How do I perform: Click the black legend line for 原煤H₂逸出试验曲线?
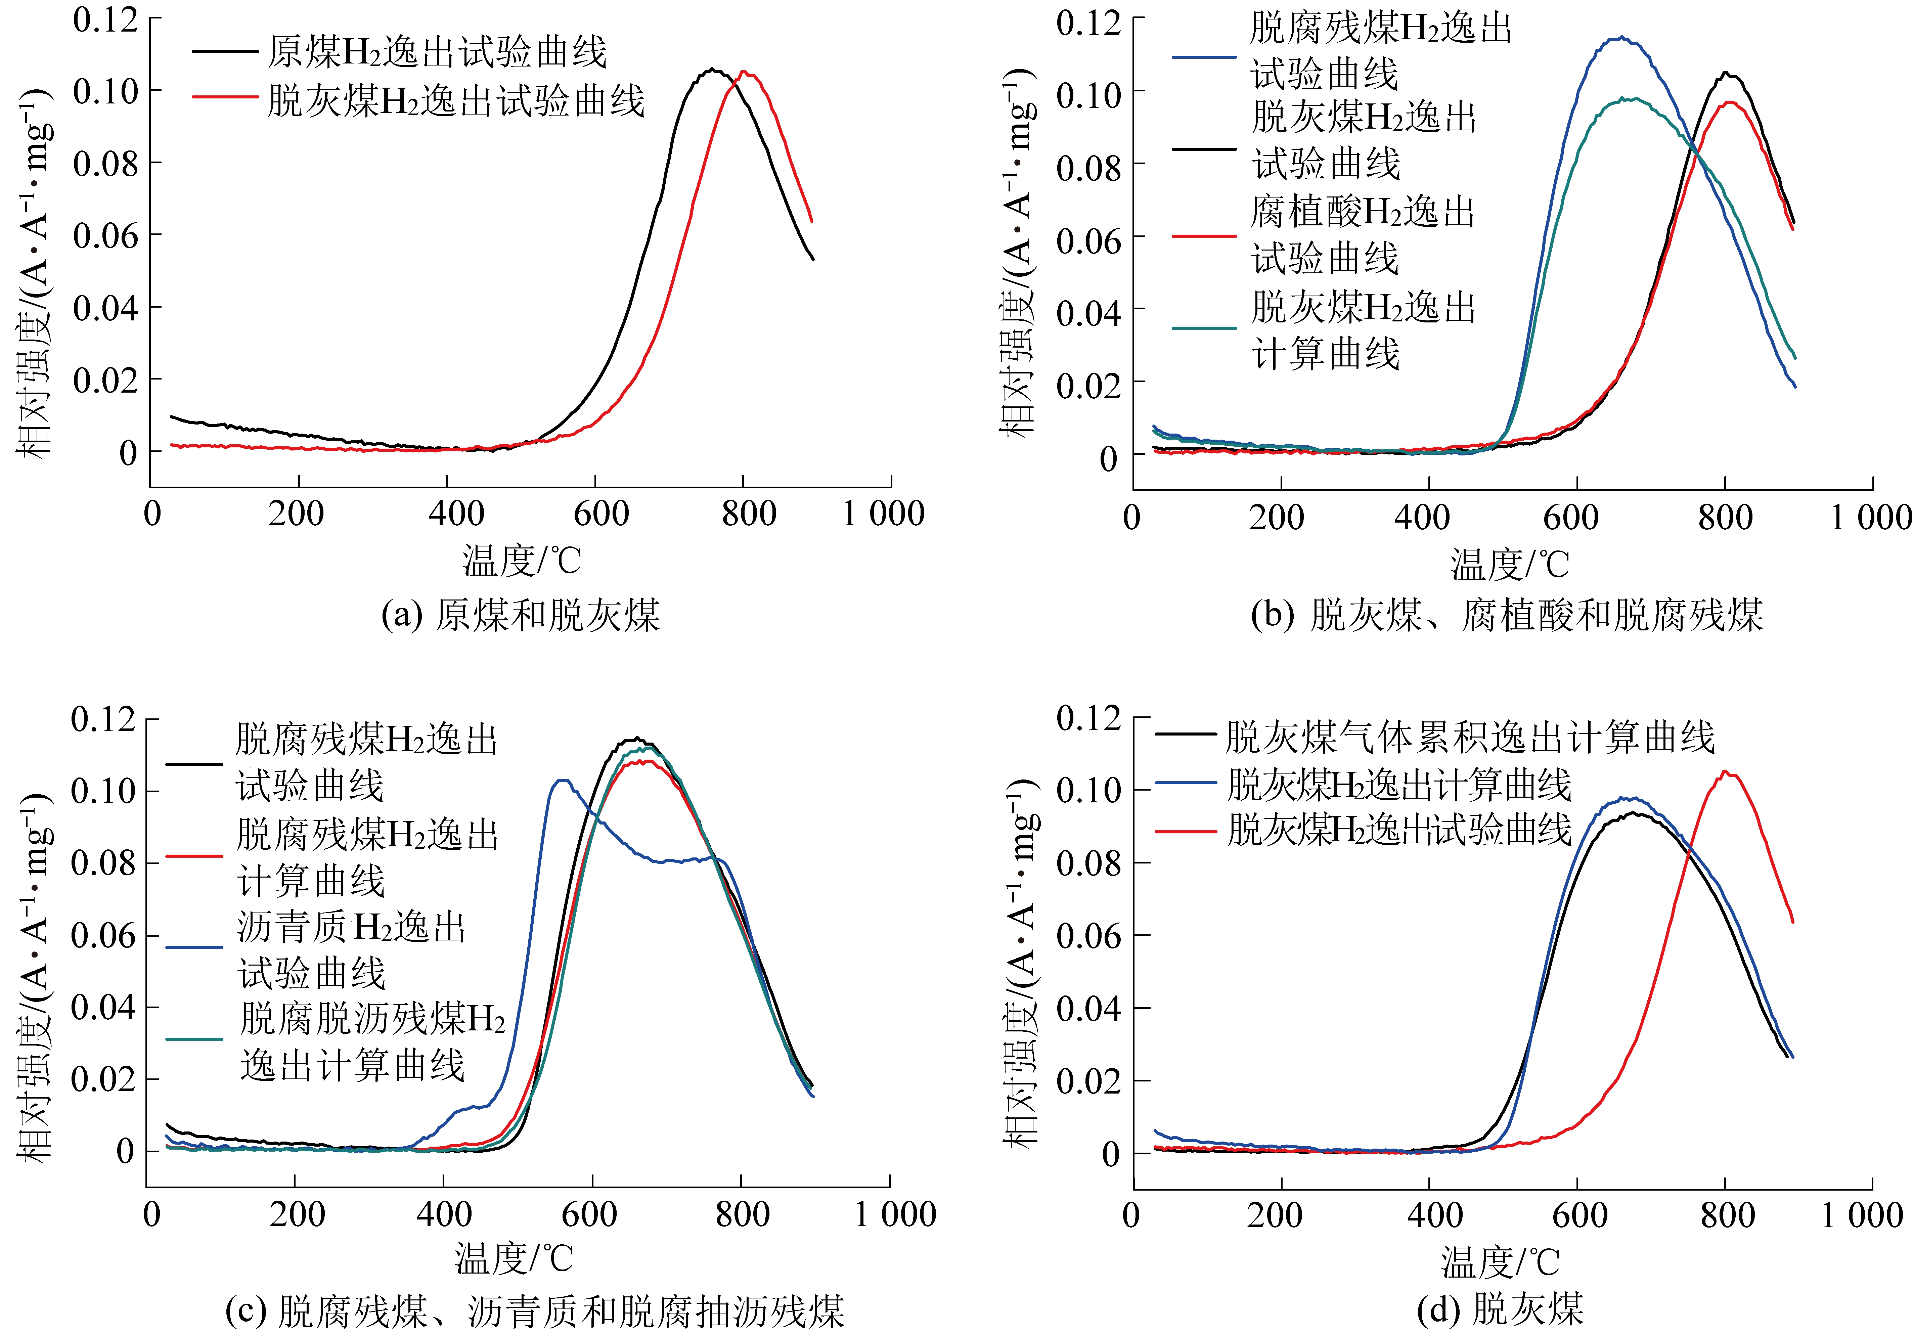coord(225,52)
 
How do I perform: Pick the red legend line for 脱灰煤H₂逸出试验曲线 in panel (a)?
coord(225,97)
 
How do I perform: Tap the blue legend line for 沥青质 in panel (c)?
coord(194,948)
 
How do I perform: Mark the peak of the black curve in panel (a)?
coord(713,69)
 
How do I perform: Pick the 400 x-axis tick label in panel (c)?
coord(443,1214)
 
